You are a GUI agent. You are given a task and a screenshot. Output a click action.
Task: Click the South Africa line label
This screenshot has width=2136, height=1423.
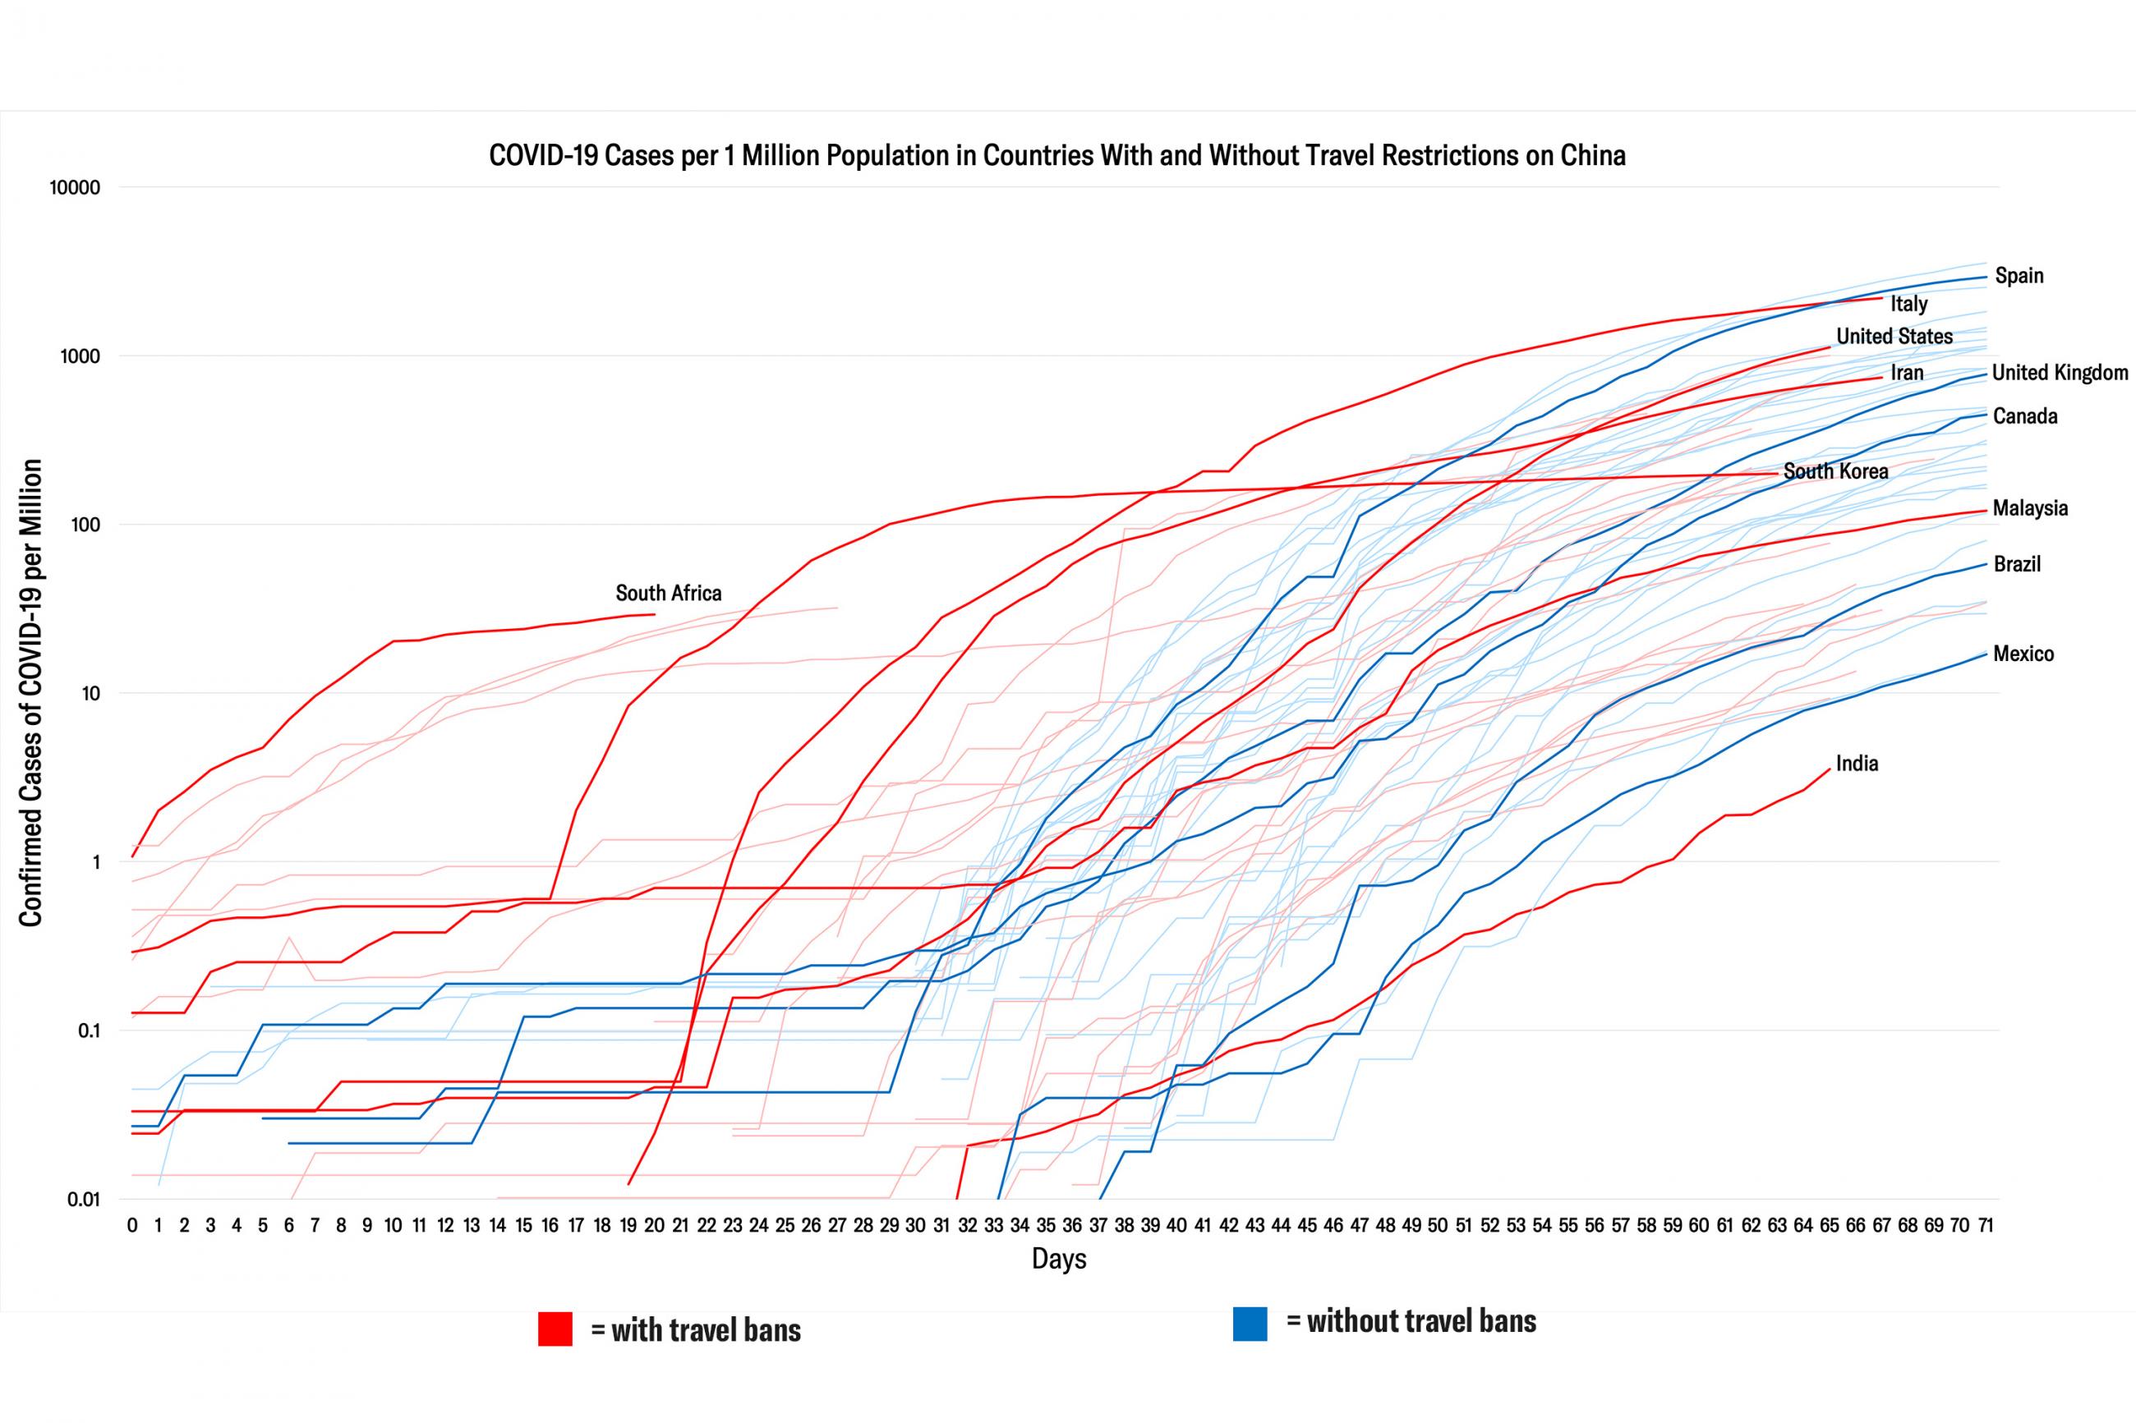click(x=668, y=593)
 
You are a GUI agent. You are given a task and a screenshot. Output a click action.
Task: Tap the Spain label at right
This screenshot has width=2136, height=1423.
click(x=2019, y=275)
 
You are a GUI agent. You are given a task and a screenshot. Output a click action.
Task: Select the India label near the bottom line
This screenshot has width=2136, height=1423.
click(x=1857, y=763)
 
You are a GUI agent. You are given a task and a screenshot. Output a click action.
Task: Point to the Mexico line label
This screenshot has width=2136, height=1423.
click(x=2023, y=654)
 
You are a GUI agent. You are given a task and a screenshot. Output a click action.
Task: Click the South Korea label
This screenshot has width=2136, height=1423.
click(x=1835, y=471)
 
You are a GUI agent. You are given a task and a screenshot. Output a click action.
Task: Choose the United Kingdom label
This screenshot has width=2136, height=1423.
click(x=2060, y=372)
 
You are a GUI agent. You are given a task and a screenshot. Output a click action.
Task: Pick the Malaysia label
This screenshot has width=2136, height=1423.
click(x=2030, y=507)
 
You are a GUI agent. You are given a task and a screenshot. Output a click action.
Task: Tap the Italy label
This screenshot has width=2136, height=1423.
click(x=1909, y=303)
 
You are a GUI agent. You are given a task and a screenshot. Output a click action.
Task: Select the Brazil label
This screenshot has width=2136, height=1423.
click(x=2016, y=563)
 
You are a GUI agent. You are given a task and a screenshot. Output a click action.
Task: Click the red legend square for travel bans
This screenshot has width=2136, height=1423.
click(x=555, y=1329)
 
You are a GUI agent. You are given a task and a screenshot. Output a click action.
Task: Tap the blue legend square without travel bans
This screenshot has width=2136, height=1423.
click(x=1249, y=1323)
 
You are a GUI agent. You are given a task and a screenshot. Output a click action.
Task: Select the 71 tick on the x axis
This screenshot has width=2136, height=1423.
click(x=1986, y=1225)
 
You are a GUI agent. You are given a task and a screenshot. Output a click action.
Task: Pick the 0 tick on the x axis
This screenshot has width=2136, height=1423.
click(x=132, y=1225)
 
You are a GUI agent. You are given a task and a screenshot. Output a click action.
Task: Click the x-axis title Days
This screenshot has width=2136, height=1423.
click(x=1058, y=1259)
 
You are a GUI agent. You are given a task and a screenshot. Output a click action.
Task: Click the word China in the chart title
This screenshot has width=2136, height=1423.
click(x=1592, y=155)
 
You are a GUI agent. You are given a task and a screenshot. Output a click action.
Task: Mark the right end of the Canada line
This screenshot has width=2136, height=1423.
click(x=1986, y=415)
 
